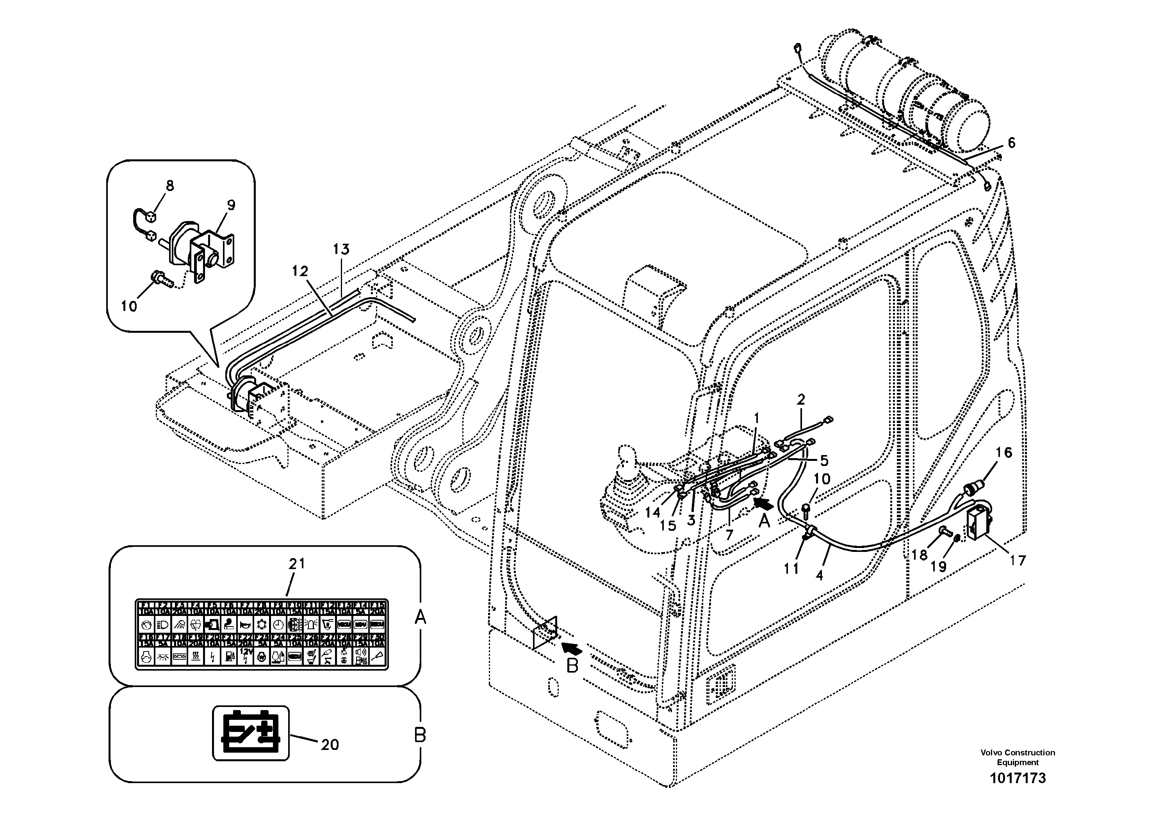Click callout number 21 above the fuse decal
pyautogui.click(x=297, y=563)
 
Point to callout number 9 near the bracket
pyautogui.click(x=231, y=205)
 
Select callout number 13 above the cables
pyautogui.click(x=341, y=249)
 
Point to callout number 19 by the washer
pyautogui.click(x=938, y=566)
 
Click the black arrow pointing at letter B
pyautogui.click(x=572, y=648)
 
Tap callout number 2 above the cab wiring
pyautogui.click(x=801, y=400)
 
